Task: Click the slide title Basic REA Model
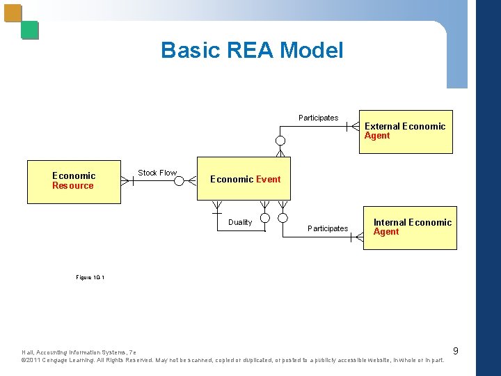tap(251, 50)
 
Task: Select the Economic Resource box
tap(74, 182)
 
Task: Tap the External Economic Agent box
tap(406, 132)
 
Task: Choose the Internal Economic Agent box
tap(410, 228)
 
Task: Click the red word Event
tap(268, 180)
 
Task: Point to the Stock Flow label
tap(157, 173)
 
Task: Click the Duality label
tap(240, 222)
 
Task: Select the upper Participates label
tap(318, 118)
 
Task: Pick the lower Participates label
tap(328, 228)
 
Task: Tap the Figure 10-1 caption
tap(90, 277)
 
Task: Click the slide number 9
tap(455, 350)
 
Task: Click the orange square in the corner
tap(13, 13)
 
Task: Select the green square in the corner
tap(30, 30)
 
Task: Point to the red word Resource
tap(72, 186)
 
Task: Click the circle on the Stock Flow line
tap(179, 181)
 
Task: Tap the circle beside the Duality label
tap(264, 218)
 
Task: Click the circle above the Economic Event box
tap(280, 141)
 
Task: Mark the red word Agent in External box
tap(377, 136)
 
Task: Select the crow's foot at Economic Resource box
tap(126, 181)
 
